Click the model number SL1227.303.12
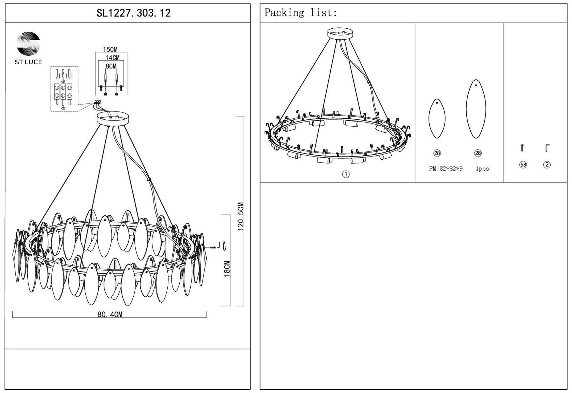click(x=133, y=13)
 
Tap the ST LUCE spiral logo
click(x=28, y=43)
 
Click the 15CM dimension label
click(x=110, y=49)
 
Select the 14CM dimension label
click(x=112, y=58)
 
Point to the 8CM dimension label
click(x=111, y=66)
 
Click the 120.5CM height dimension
click(x=241, y=216)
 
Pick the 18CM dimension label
click(x=227, y=268)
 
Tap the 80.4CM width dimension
click(x=110, y=314)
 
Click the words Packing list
click(x=300, y=13)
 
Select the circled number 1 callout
click(x=346, y=174)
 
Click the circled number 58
click(x=523, y=165)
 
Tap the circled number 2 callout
click(x=547, y=164)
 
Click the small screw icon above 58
click(x=522, y=148)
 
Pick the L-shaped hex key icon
click(x=547, y=148)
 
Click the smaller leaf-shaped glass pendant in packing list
click(x=437, y=118)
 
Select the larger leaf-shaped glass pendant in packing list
click(x=476, y=109)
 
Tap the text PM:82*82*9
click(x=446, y=169)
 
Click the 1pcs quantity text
click(x=482, y=169)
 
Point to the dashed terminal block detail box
click(x=64, y=88)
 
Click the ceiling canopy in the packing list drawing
click(x=340, y=33)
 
